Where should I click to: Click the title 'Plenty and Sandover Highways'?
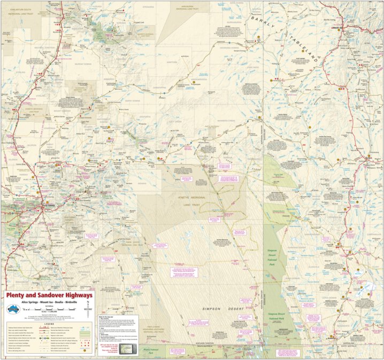[49, 295]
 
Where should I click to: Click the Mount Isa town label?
[339, 27]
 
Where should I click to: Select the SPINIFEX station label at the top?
[148, 7]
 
